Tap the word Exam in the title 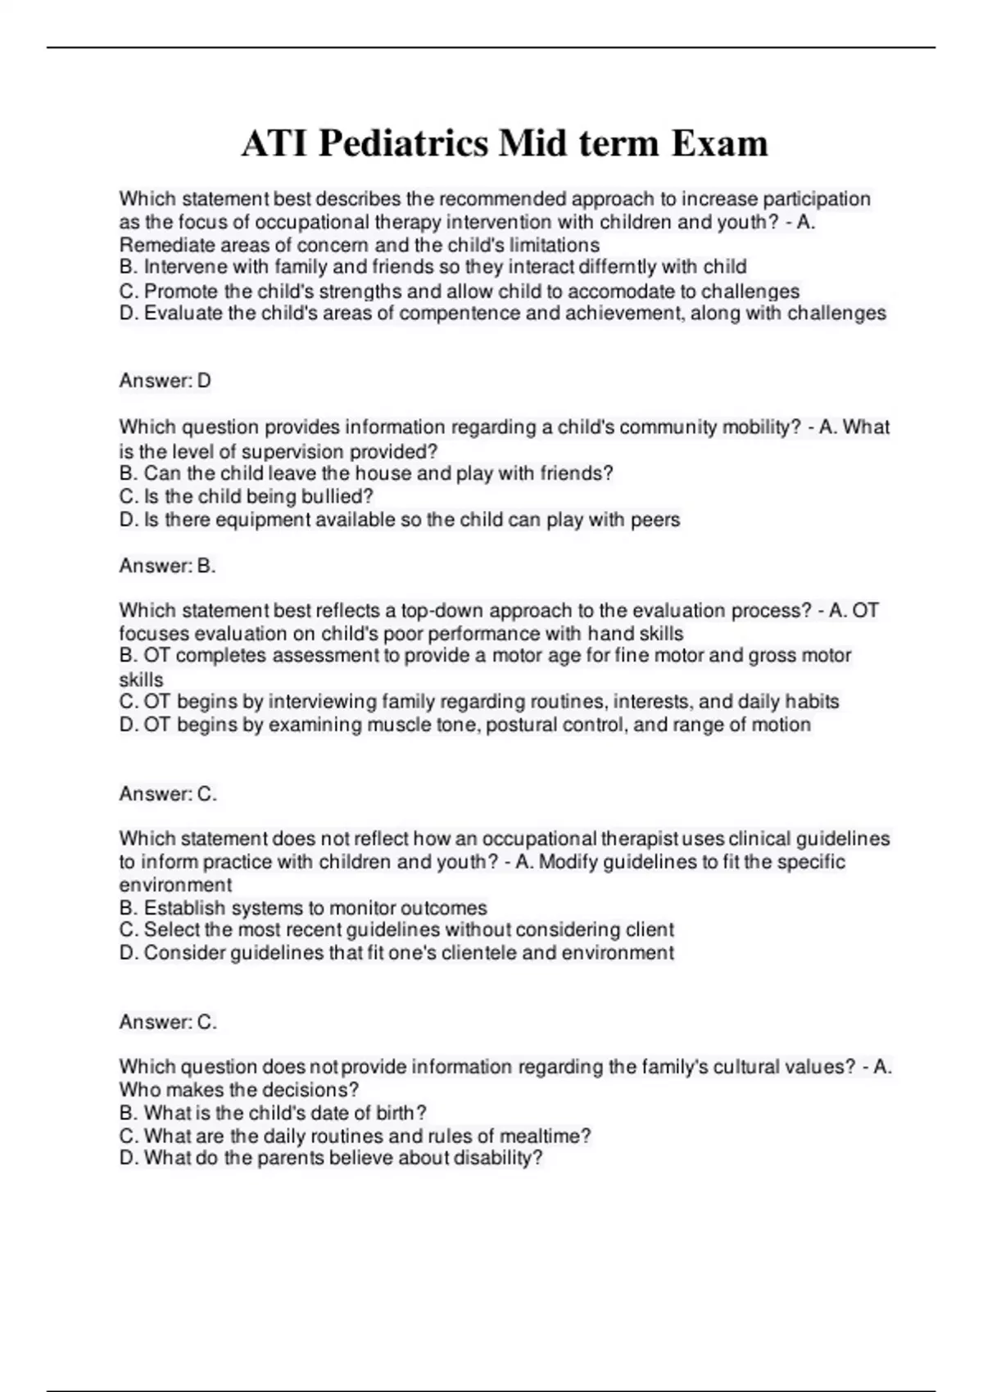tap(719, 144)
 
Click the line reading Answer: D tap(165, 381)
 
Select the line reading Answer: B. tap(167, 566)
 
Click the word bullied tap(337, 496)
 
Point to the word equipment tap(237, 520)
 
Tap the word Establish tap(184, 908)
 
